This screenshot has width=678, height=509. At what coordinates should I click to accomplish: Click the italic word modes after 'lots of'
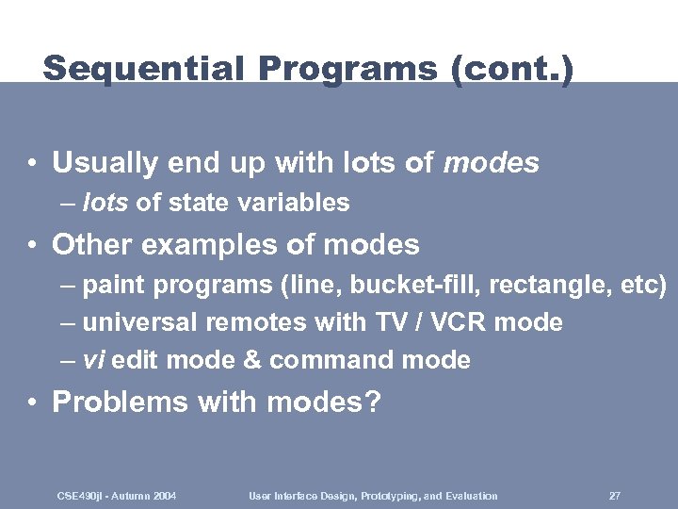[x=491, y=163]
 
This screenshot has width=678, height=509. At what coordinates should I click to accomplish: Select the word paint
[x=114, y=285]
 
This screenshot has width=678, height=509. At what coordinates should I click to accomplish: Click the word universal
[x=140, y=322]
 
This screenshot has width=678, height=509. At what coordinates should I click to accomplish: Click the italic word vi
[x=93, y=360]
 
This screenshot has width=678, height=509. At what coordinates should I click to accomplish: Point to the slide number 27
[x=614, y=496]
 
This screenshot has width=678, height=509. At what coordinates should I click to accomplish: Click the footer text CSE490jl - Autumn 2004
[x=117, y=496]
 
